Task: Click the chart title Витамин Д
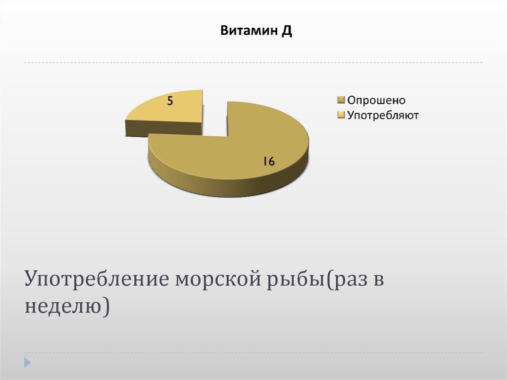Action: (256, 32)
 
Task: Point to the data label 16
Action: (268, 161)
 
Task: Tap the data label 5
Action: (170, 102)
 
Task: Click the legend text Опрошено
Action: (376, 100)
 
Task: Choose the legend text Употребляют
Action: (383, 115)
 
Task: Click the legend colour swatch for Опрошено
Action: (341, 101)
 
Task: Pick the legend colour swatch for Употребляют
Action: (341, 116)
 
